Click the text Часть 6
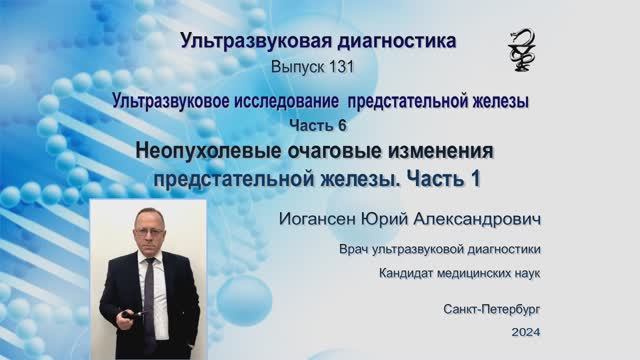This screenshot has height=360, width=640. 319,123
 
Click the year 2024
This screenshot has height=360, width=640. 525,333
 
